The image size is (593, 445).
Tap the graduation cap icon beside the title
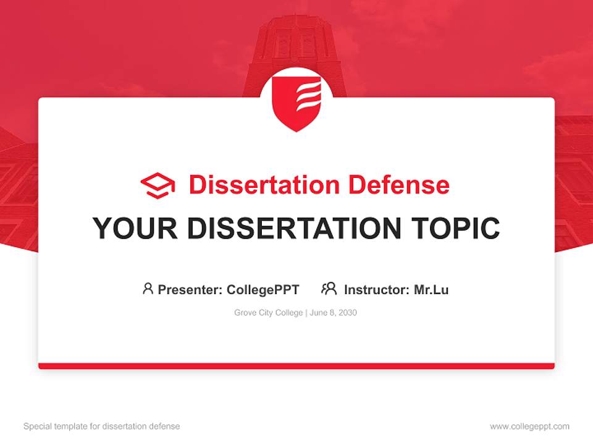point(158,185)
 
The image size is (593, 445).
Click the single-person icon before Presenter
point(148,289)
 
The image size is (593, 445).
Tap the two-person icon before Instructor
point(329,289)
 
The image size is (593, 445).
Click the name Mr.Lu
point(431,289)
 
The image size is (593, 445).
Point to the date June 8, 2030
point(334,313)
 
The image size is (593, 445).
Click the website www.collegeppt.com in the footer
point(529,426)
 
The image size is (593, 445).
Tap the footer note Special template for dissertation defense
point(102,426)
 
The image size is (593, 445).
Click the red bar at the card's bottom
point(296,366)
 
